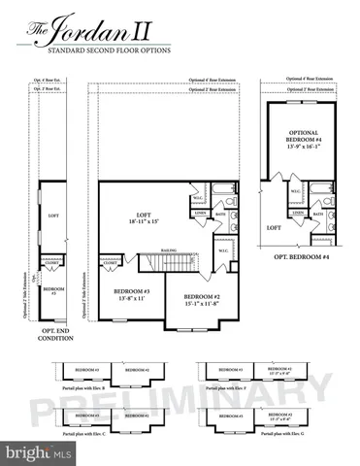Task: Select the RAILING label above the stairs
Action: [x=168, y=248]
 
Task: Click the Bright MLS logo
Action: [x=35, y=452]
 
